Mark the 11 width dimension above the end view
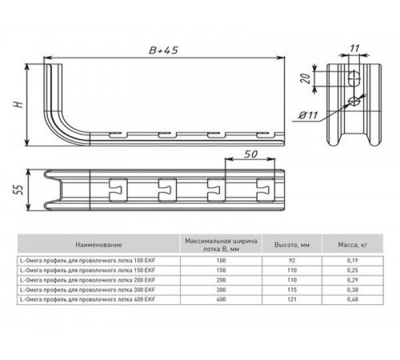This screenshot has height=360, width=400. pos(354,50)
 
